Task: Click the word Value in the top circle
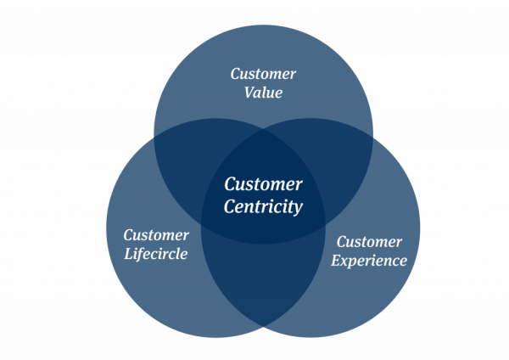pos(263,93)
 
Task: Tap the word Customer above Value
pos(263,74)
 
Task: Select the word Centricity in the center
pos(263,205)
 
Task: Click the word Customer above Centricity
pos(263,183)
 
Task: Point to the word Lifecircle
pos(156,254)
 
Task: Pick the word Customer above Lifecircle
pos(156,234)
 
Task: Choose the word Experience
pos(369,261)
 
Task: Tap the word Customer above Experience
pos(369,242)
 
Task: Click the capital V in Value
pos(249,93)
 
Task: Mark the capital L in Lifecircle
pos(128,253)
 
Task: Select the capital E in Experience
pos(335,260)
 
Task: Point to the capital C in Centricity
pos(230,205)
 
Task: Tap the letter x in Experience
pos(344,262)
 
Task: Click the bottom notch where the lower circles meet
pos(264,328)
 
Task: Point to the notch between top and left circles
pos(154,136)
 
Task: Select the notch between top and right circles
pos(373,136)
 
